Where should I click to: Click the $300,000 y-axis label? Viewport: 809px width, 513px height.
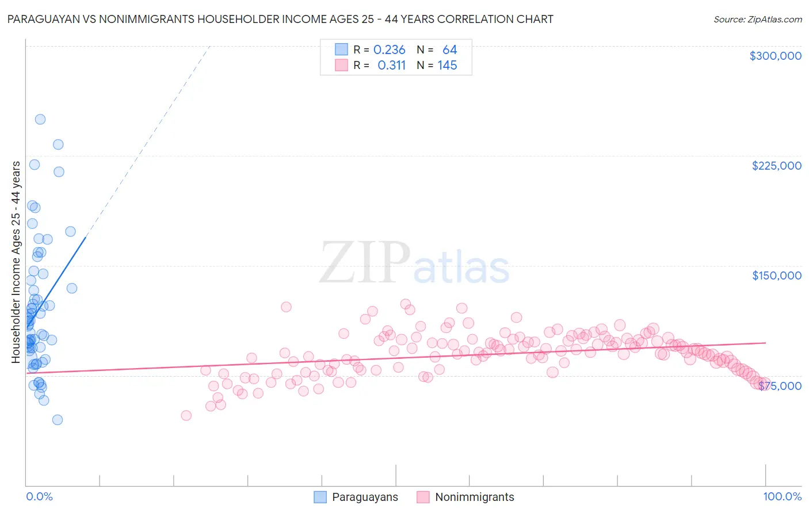(x=775, y=56)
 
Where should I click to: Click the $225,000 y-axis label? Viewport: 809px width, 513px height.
(x=776, y=166)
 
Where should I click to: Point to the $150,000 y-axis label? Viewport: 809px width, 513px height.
(x=776, y=275)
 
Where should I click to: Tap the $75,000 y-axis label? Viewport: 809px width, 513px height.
(x=780, y=385)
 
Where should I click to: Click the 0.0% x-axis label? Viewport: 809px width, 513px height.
(x=39, y=496)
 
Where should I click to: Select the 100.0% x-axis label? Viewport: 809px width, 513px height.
(x=782, y=496)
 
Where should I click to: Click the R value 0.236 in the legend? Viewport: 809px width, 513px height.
(x=389, y=50)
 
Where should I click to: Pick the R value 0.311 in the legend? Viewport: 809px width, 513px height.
(x=391, y=66)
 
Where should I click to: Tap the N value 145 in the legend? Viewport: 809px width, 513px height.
(x=447, y=66)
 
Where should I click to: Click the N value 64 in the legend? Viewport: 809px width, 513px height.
(x=449, y=50)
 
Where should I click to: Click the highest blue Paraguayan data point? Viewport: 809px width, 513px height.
(x=40, y=120)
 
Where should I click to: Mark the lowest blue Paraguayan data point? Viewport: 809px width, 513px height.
(x=58, y=420)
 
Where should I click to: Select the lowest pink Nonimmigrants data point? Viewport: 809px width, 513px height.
(x=186, y=415)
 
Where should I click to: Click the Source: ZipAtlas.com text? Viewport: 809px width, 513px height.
(x=757, y=20)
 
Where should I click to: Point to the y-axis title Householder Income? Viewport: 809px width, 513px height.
(x=16, y=262)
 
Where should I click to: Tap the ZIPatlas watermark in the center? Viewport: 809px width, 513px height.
(x=414, y=263)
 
